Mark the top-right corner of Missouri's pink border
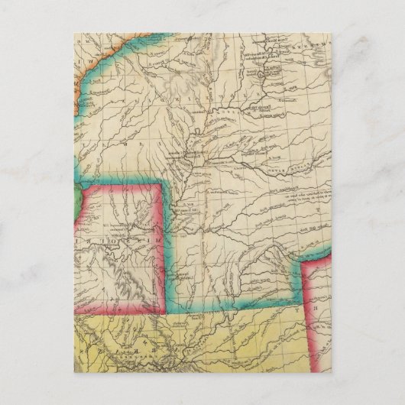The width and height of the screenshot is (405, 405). (161, 185)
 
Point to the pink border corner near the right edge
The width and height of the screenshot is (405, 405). (303, 263)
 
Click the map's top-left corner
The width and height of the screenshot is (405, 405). (75, 33)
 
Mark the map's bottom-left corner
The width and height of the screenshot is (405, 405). (75, 372)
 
